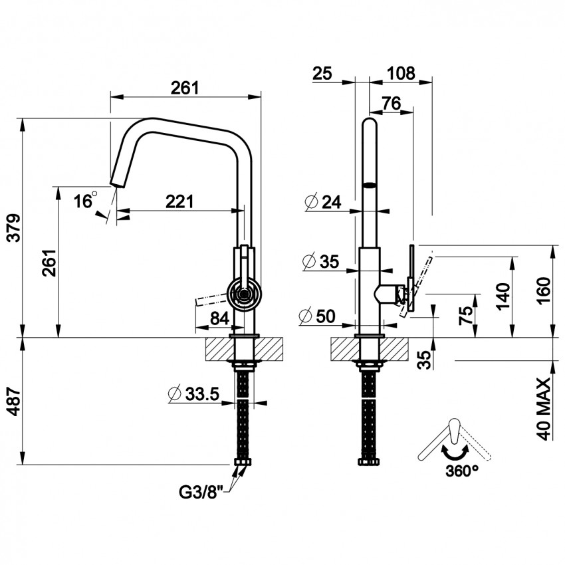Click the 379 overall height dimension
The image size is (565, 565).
coord(14,228)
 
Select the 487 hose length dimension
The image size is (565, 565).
coord(14,401)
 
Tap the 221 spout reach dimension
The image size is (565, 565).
coord(179,201)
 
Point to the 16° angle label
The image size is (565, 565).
coord(86,200)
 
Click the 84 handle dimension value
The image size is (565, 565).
coord(220,318)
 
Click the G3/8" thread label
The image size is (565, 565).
coord(203,493)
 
